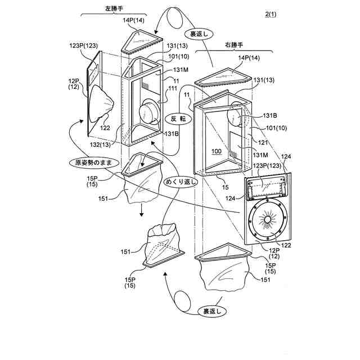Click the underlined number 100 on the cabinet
tap(217, 151)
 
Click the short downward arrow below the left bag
tap(142, 210)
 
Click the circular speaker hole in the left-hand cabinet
tap(150, 112)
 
